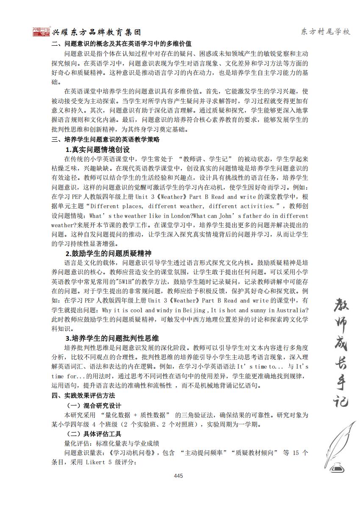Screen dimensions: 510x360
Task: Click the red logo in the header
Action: [42, 32]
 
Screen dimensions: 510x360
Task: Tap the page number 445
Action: [178, 476]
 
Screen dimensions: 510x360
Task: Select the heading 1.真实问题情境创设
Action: [97, 149]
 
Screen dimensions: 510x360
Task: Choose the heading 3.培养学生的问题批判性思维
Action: [112, 338]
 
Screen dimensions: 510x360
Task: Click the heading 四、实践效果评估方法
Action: [83, 395]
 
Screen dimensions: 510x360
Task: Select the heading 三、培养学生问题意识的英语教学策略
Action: [106, 140]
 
